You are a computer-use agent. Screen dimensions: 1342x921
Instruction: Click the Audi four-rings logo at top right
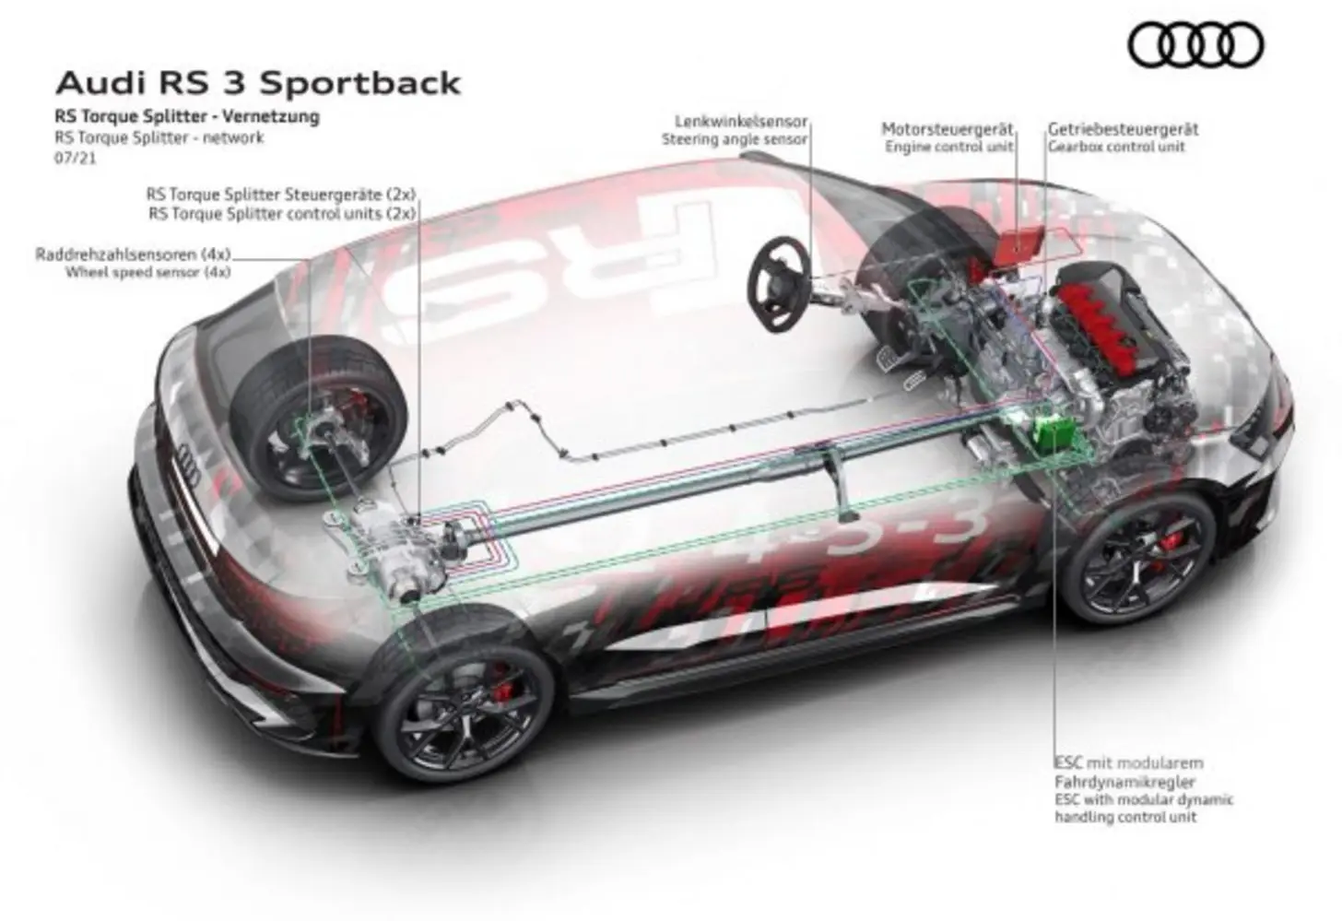[1195, 45]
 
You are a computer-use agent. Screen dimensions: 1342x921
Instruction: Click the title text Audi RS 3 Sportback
[258, 83]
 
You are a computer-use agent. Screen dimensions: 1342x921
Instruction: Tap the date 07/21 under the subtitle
[76, 159]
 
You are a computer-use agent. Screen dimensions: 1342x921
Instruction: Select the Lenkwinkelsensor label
[742, 122]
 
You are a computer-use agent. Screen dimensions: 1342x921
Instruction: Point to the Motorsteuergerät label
[948, 129]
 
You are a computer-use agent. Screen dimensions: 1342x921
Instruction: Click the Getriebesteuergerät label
[1124, 129]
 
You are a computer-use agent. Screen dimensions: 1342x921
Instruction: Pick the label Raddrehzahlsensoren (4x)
[133, 254]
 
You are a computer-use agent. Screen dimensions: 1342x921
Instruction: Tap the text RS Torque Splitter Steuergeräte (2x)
[281, 195]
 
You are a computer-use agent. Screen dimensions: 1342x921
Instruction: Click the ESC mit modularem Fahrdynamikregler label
[1129, 773]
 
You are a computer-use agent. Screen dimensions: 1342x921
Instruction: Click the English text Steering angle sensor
[735, 139]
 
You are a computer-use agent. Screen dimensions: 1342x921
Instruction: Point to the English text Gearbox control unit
[1116, 147]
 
